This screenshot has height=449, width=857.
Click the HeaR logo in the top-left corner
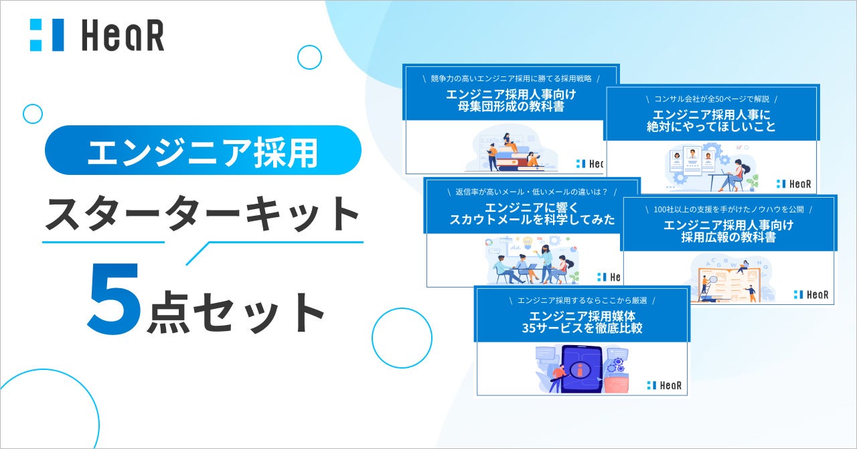96,36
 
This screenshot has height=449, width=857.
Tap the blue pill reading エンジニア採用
203,151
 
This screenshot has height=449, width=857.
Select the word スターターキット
202,214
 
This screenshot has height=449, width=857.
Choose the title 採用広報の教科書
728,237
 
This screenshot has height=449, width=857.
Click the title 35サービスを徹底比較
581,328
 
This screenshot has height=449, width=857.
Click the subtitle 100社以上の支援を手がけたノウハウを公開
728,209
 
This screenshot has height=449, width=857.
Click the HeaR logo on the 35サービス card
664,385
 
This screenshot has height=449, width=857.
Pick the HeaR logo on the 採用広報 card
811,295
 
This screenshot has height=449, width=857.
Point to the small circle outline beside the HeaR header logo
309,58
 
